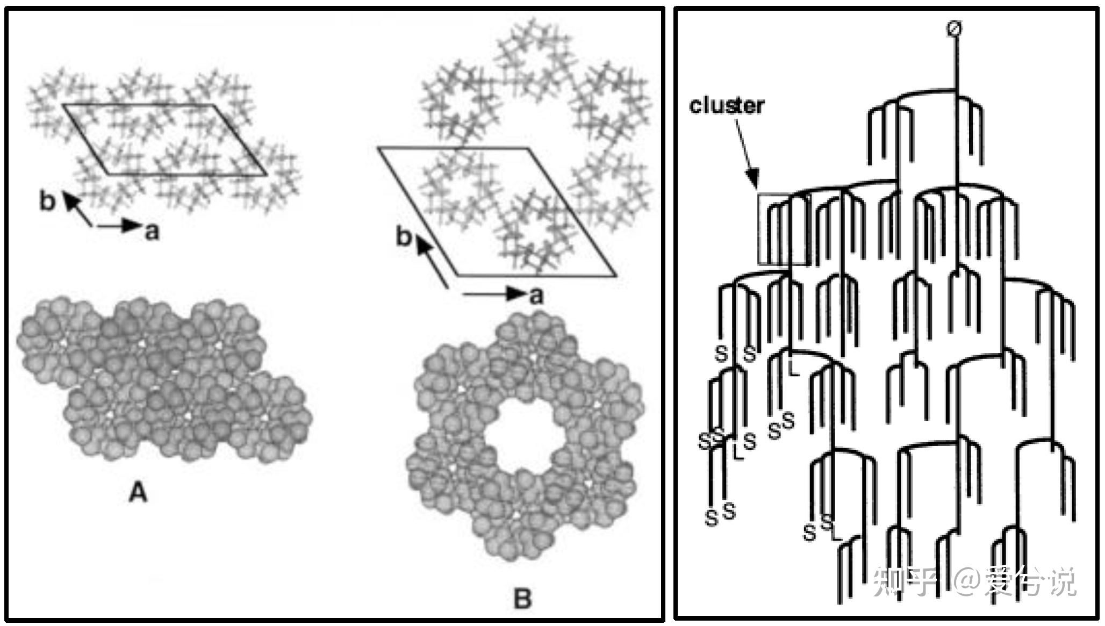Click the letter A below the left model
pyautogui.click(x=138, y=492)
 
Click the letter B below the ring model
pyautogui.click(x=522, y=599)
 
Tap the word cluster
pyautogui.click(x=726, y=106)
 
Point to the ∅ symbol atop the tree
pyautogui.click(x=954, y=28)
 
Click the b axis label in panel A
pyautogui.click(x=48, y=202)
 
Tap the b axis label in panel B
pyautogui.click(x=404, y=237)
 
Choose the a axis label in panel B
pyautogui.click(x=536, y=296)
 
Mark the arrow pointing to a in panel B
pyautogui.click(x=494, y=293)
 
